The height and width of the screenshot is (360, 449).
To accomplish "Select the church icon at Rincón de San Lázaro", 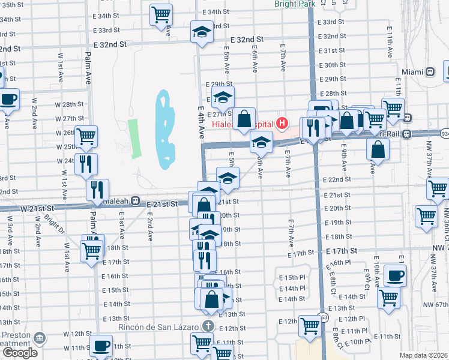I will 208,326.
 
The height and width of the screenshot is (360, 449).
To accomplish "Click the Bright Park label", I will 294,4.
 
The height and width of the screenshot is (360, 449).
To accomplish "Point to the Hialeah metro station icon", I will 136,202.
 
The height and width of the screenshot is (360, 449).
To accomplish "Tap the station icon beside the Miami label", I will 430,71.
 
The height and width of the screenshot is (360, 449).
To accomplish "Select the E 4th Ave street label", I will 201,120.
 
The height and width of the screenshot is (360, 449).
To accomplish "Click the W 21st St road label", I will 37,208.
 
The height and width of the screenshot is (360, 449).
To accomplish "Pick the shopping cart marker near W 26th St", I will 86,136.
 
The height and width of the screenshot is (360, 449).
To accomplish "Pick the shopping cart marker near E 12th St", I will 310,325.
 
